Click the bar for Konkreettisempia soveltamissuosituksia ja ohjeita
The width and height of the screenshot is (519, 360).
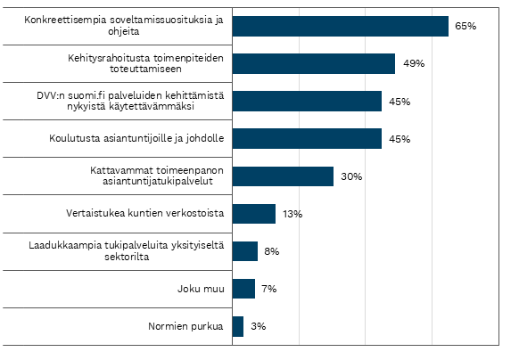pos(341,26)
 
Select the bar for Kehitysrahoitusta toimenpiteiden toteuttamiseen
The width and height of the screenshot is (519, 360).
pos(314,63)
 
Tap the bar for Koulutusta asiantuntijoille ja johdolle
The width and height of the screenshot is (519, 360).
pos(307,139)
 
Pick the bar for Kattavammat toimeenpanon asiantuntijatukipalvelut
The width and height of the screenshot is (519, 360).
pos(283,176)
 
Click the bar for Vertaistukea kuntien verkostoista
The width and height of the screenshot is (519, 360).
pos(254,214)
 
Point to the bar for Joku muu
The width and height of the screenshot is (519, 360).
pos(243,289)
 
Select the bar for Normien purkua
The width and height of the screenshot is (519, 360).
pos(238,326)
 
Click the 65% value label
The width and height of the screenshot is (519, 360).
pos(465,26)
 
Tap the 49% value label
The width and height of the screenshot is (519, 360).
pos(414,63)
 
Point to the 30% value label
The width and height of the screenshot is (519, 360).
pos(351,176)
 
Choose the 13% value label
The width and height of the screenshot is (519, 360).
pos(292,214)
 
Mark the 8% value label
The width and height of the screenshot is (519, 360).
pos(272,251)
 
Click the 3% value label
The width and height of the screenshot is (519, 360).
pos(259,326)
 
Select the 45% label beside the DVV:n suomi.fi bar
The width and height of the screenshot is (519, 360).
pos(400,102)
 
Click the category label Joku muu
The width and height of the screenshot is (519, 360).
pos(201,289)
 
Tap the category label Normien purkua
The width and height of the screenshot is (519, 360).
pos(185,326)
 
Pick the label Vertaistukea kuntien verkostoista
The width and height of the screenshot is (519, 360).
pos(145,213)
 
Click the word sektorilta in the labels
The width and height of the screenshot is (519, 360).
pos(127,257)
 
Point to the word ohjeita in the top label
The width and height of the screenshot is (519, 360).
pos(123,31)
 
